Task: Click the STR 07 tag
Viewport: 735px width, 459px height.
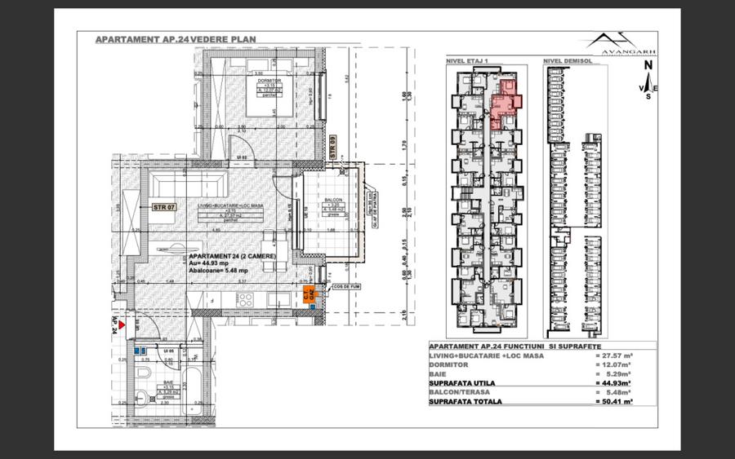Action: [164, 207]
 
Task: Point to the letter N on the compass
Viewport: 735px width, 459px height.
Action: [648, 64]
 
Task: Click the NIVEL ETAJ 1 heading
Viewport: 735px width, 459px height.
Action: [466, 60]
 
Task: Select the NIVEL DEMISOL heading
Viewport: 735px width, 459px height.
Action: [565, 60]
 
